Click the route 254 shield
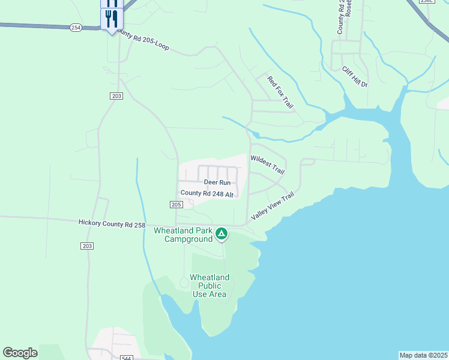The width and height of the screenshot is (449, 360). (76, 28)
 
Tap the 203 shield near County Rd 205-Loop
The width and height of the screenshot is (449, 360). (116, 96)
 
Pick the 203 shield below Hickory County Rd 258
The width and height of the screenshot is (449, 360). (86, 246)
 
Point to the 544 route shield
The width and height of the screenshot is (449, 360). (126, 358)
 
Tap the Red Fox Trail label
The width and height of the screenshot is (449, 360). (280, 91)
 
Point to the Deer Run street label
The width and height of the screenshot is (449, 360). (217, 182)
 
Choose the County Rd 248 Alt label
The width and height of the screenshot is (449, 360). (206, 193)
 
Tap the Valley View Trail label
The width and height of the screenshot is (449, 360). (274, 205)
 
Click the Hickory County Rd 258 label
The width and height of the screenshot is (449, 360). (112, 223)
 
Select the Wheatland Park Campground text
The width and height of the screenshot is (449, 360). (184, 235)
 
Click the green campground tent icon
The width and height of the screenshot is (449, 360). (221, 233)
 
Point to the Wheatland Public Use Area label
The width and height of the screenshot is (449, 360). (209, 286)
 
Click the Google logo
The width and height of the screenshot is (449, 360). (20, 353)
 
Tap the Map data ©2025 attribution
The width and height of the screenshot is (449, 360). (423, 355)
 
